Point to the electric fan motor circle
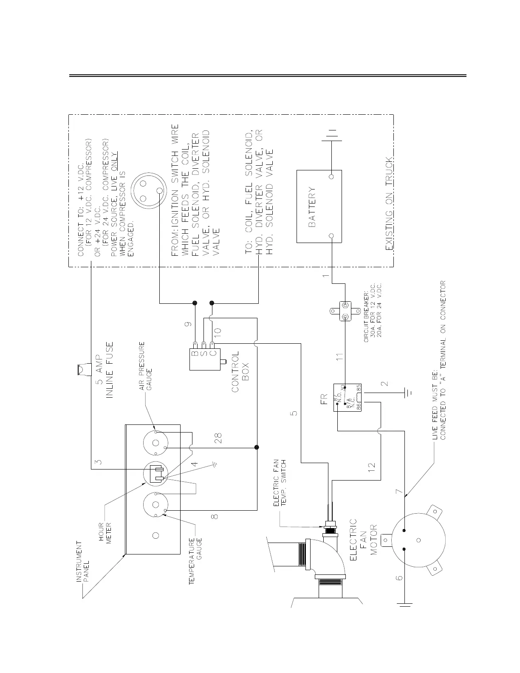(418, 539)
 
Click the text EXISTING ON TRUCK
(389, 204)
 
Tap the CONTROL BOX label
(240, 371)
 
